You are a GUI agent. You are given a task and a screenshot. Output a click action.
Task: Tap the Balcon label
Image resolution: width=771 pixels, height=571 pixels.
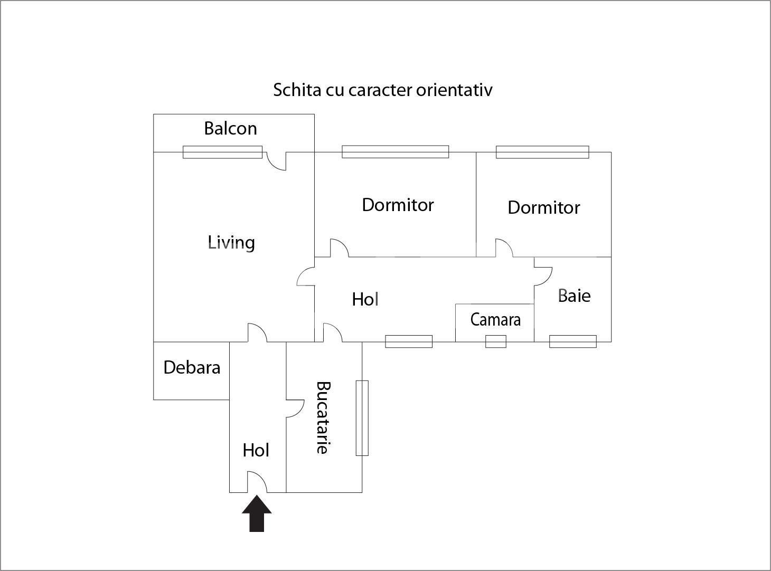click(x=230, y=128)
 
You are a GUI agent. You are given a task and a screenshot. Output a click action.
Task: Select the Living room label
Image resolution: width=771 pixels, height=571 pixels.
click(x=231, y=242)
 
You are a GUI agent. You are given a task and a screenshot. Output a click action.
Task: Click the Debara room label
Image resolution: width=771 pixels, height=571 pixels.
click(x=192, y=367)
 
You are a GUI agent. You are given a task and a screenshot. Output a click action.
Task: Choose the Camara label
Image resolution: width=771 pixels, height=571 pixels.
click(x=495, y=320)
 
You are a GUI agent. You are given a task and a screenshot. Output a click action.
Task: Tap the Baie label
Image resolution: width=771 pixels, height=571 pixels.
click(x=574, y=296)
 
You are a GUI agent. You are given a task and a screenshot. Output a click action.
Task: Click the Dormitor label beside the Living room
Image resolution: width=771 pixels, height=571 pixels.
click(x=398, y=205)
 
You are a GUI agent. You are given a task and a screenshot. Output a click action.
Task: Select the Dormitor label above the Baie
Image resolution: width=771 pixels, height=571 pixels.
click(x=543, y=207)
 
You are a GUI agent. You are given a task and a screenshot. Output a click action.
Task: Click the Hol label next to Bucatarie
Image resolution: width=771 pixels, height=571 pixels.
click(x=256, y=450)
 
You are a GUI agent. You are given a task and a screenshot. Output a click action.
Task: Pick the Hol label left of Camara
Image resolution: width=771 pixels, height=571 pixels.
click(x=365, y=300)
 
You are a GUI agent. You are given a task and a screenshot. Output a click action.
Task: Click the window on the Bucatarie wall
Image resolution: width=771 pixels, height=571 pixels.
click(x=362, y=417)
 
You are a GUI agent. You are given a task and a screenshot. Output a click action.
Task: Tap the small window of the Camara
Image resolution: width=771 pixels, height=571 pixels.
click(x=495, y=341)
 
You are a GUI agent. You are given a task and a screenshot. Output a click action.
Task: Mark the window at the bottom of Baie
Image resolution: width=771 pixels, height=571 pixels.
click(x=572, y=341)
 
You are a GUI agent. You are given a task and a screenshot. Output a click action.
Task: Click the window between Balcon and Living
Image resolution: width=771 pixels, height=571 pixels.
click(x=222, y=152)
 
